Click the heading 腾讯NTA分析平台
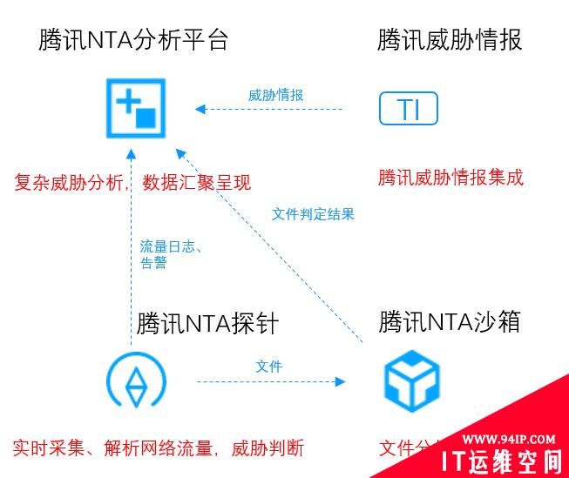(133, 40)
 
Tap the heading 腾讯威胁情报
(450, 40)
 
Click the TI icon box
(408, 109)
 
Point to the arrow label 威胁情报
(275, 95)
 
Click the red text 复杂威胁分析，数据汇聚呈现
(132, 182)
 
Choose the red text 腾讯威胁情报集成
(450, 178)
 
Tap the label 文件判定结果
(313, 213)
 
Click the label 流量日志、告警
(171, 255)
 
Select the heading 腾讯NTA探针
(207, 324)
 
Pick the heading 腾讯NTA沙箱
(450, 321)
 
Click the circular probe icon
(136, 382)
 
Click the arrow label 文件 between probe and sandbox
(268, 367)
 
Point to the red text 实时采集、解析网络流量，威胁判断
(158, 449)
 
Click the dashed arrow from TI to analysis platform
(270, 110)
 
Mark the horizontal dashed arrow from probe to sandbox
(270, 381)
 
